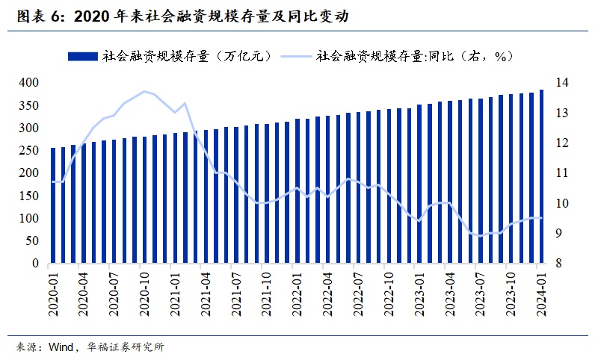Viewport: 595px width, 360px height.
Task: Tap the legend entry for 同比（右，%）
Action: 413,56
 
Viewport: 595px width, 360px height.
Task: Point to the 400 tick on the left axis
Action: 29,82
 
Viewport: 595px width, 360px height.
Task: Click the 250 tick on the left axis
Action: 29,150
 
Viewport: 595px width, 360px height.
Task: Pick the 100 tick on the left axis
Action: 29,219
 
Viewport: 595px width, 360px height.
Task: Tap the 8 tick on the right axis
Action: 559,264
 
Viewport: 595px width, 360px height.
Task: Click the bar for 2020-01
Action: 53,206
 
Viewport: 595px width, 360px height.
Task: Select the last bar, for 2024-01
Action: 541,177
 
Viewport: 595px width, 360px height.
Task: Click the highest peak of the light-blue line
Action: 144,91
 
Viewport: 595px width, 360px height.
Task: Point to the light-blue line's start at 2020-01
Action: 53,181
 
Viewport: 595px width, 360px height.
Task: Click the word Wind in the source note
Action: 61,347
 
